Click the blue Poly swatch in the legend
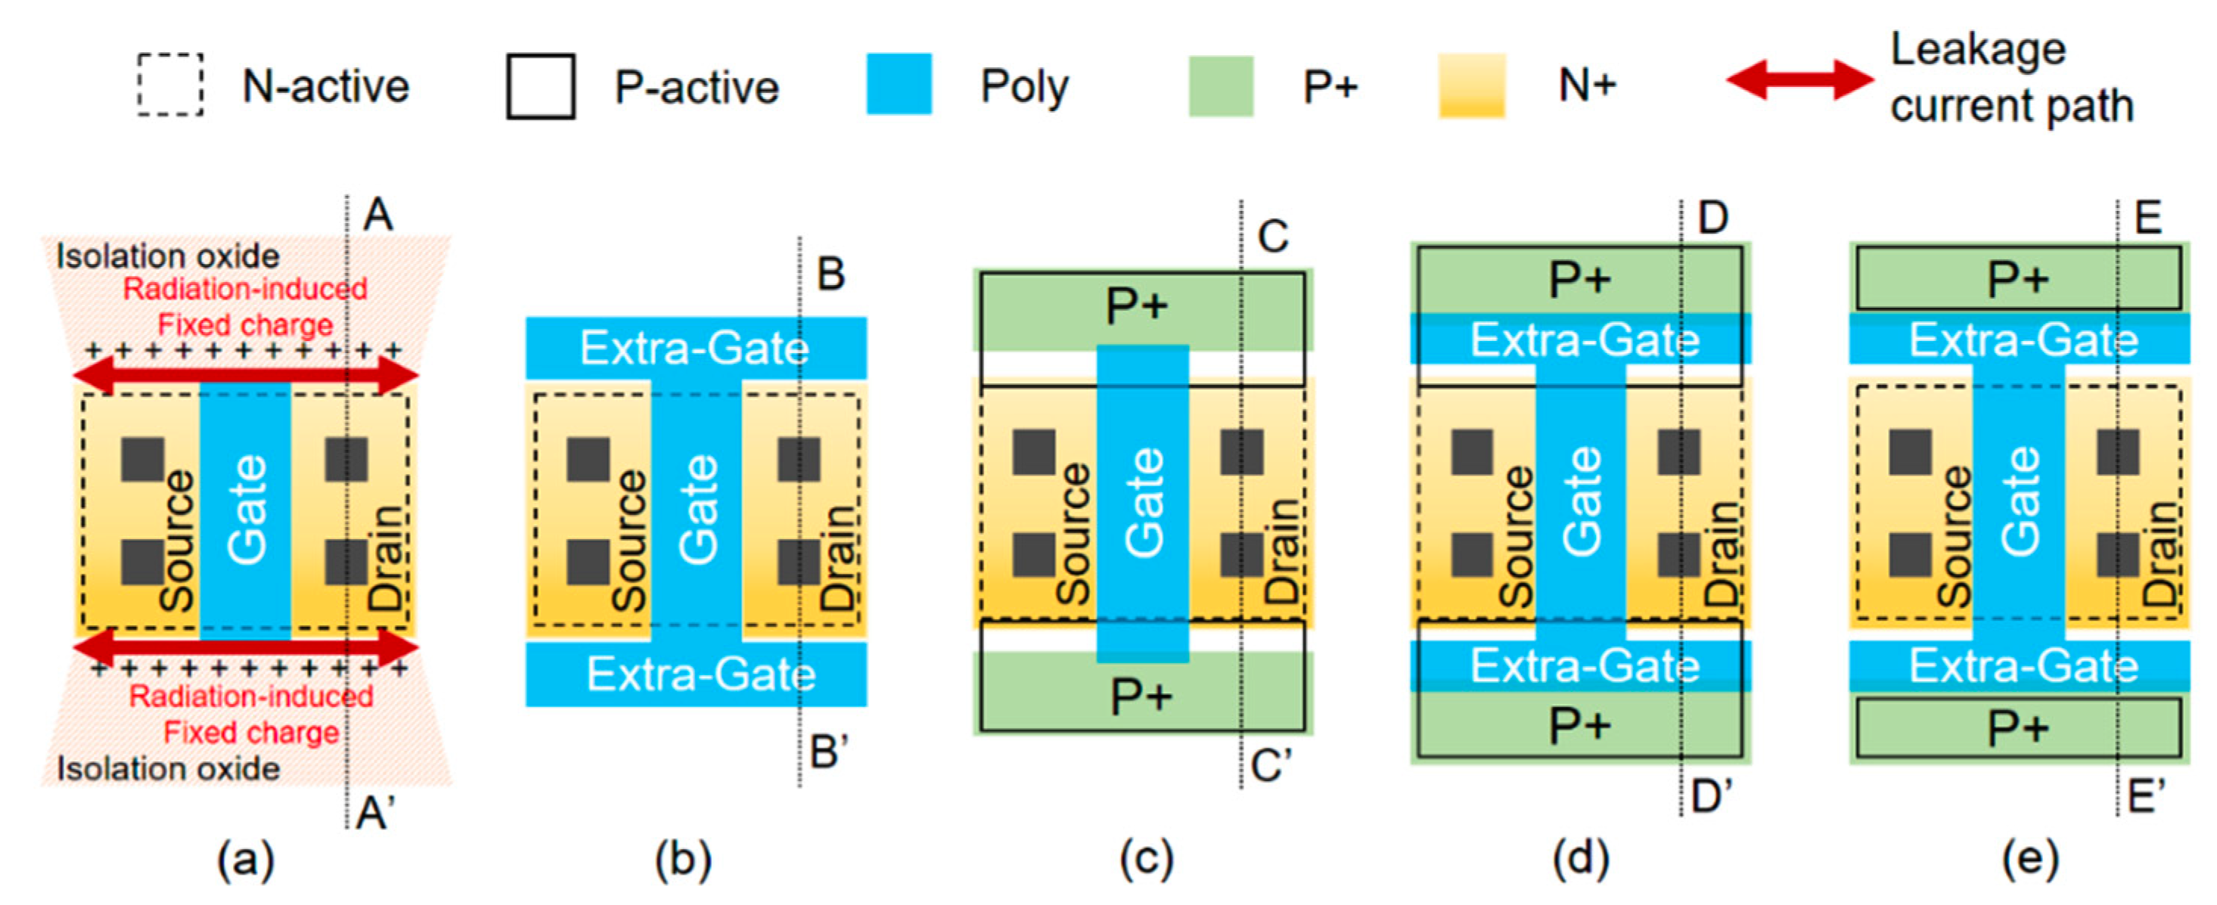pos(899,85)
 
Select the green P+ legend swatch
pos(1220,86)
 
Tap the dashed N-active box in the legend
pos(170,85)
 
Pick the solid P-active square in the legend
pos(541,87)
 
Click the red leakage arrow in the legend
pos(1799,79)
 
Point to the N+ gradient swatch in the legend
pos(1472,85)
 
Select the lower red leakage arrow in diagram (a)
pos(245,646)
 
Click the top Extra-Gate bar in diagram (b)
pos(695,348)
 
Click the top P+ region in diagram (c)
pos(1138,306)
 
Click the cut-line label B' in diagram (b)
pos(829,752)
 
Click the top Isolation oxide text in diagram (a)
pos(168,256)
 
